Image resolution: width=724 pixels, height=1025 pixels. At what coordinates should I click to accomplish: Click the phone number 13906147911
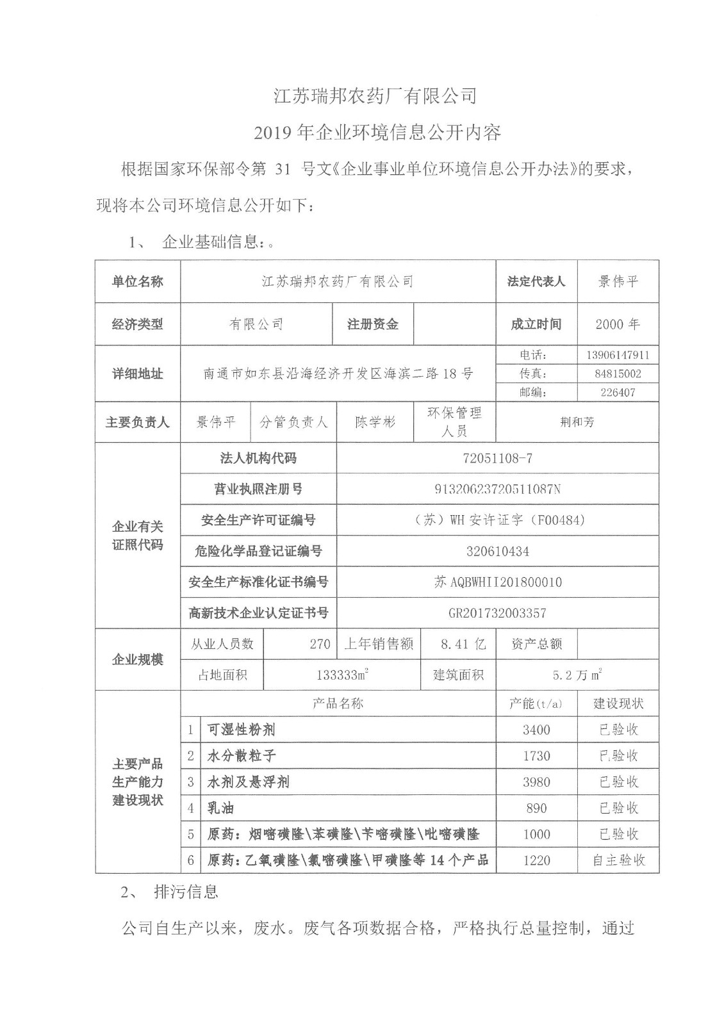point(618,355)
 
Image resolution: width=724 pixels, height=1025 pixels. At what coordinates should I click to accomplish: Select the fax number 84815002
point(618,373)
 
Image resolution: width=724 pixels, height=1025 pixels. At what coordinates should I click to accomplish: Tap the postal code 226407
point(618,392)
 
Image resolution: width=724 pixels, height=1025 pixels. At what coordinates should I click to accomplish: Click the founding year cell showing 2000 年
point(618,324)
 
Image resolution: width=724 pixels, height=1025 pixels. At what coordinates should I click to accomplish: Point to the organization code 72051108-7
point(497,459)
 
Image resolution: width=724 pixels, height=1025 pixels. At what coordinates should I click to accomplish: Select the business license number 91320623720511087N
point(497,489)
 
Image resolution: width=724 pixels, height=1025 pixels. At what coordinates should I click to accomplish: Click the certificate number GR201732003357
point(497,613)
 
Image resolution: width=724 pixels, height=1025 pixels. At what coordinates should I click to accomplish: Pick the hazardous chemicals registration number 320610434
point(497,551)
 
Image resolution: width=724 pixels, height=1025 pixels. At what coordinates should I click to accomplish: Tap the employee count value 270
point(320,644)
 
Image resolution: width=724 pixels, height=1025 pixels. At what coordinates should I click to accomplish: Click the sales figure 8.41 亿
point(463,644)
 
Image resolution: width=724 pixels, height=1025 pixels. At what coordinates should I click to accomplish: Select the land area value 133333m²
point(342,675)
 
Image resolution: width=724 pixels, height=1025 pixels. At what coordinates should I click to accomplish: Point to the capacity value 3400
point(536,730)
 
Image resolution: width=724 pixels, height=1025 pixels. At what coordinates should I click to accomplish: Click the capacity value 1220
point(536,860)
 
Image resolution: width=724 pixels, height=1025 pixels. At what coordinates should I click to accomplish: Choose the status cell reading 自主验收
point(618,860)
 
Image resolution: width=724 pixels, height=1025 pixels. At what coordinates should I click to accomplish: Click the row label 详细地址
point(138,374)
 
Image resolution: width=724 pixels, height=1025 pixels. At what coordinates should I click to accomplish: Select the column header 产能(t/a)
point(536,703)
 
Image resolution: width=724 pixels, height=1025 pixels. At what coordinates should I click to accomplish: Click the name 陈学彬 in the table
point(375,422)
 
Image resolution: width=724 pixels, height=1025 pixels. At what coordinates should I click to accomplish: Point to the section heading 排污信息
point(186,892)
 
